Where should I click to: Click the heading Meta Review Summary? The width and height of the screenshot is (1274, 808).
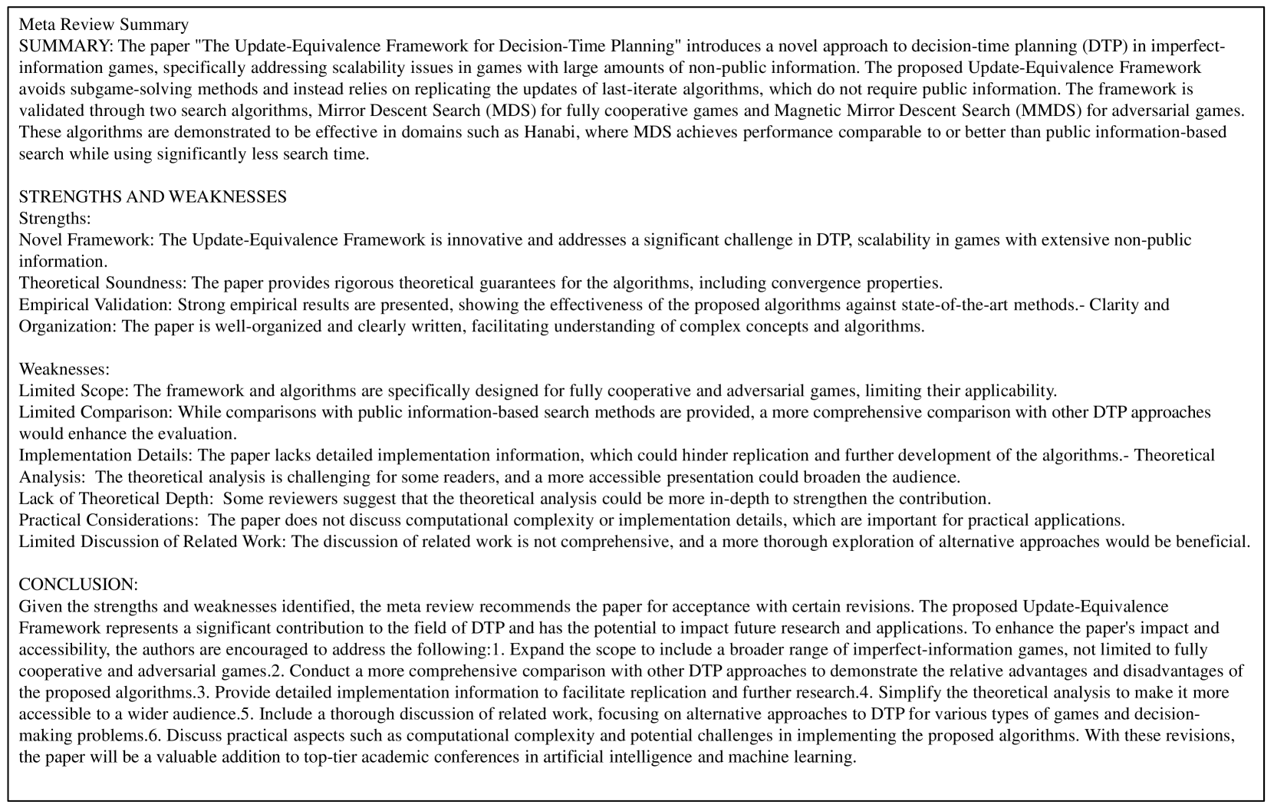(x=104, y=25)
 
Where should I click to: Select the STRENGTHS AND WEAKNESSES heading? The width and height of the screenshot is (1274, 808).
(x=153, y=196)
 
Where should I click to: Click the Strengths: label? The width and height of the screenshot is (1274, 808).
(x=55, y=219)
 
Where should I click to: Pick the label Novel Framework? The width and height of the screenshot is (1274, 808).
(x=87, y=240)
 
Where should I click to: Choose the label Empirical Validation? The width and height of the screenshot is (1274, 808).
(x=96, y=305)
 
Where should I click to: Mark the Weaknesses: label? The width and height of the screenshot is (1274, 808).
(x=64, y=369)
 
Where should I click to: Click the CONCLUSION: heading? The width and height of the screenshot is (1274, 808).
(x=78, y=585)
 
